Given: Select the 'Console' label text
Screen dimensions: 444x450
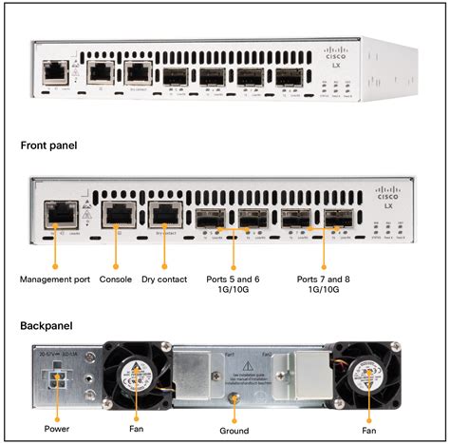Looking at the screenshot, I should pos(115,280).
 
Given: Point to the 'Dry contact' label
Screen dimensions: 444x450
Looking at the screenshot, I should pos(164,280).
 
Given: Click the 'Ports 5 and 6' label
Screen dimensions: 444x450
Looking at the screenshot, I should pos(234,280).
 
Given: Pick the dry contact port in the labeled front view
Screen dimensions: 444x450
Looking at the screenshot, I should pos(163,218).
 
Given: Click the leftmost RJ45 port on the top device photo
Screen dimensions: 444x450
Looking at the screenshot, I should pos(55,69).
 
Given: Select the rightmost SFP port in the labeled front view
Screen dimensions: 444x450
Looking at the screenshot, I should pos(337,220).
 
